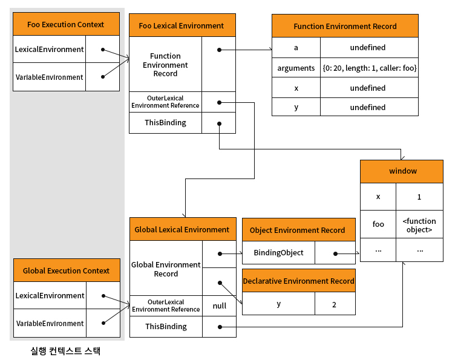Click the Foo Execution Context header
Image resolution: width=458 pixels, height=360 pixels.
pos(66,24)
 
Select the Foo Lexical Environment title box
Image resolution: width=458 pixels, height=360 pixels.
pos(182,25)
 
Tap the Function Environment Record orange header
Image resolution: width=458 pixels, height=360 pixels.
pos(345,25)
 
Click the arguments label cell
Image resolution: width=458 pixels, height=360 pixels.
pos(296,68)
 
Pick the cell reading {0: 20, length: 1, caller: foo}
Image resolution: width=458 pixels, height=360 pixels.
pos(370,68)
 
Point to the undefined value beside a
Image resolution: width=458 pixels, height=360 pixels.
pos(370,47)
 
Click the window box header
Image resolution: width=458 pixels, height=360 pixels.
pos(402,171)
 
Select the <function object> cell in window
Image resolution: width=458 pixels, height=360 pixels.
pos(419,224)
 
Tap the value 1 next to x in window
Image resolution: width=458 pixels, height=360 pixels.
pos(419,197)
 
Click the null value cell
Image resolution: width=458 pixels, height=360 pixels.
pos(220,306)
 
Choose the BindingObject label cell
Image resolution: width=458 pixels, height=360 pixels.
pos(279,252)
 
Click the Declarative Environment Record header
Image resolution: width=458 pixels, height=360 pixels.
pos(299,281)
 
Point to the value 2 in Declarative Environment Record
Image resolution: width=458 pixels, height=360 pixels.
pos(335,304)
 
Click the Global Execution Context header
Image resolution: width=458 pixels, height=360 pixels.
pos(67,270)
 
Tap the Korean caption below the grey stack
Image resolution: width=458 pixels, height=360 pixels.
pos(66,350)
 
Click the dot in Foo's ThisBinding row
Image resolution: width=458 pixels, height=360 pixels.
pos(220,124)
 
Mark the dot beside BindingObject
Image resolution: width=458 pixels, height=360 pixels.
pos(335,254)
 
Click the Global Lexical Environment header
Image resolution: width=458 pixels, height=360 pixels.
pos(183,229)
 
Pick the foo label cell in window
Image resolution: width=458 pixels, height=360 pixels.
pos(378,224)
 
